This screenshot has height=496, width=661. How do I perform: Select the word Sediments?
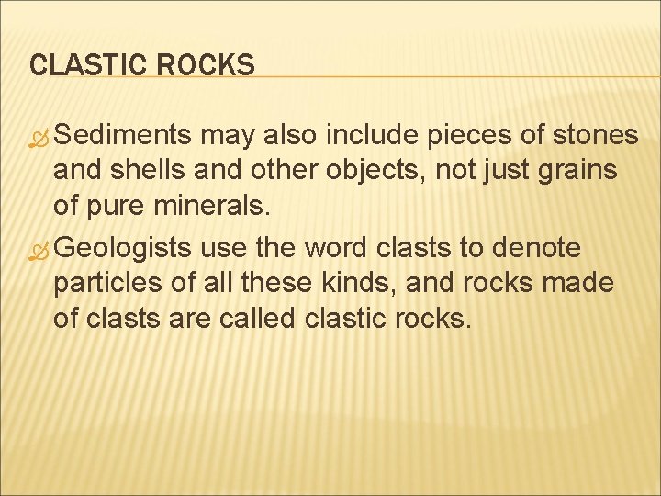coord(128,136)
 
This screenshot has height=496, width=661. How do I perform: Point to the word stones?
coord(596,136)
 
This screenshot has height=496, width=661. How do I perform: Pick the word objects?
coord(345,170)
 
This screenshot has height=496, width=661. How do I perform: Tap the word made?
coord(578,282)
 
